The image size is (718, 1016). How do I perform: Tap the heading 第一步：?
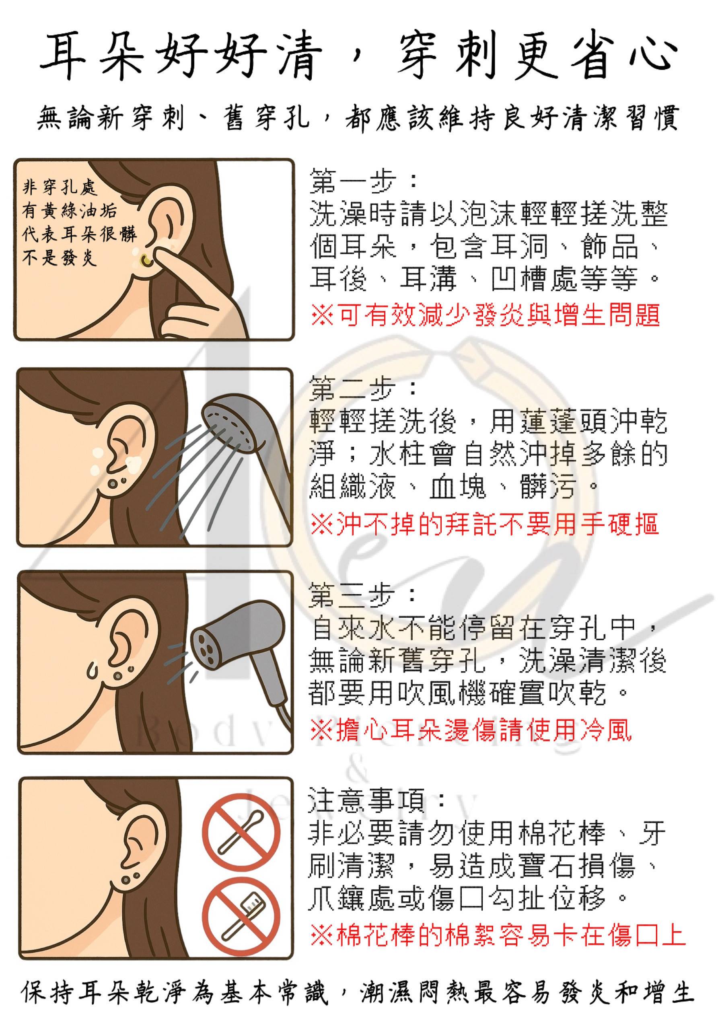click(x=363, y=180)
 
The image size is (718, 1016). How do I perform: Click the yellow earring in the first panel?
click(x=144, y=261)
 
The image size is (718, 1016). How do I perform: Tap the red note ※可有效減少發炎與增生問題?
click(x=486, y=315)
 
